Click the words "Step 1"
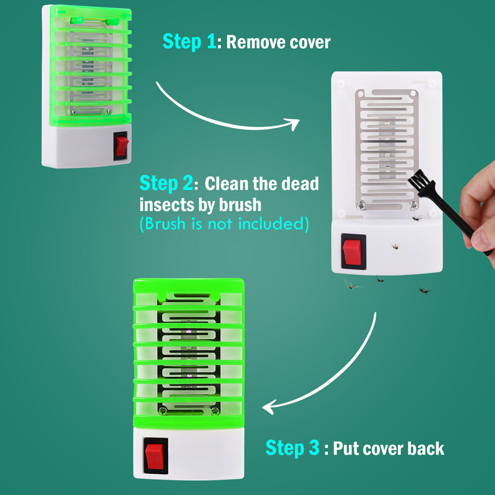point(189,41)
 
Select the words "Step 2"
point(165,184)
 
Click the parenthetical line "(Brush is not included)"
point(224,223)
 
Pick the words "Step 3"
point(293,448)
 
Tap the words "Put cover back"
point(389,448)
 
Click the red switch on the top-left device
point(121,146)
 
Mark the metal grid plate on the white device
point(385,148)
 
